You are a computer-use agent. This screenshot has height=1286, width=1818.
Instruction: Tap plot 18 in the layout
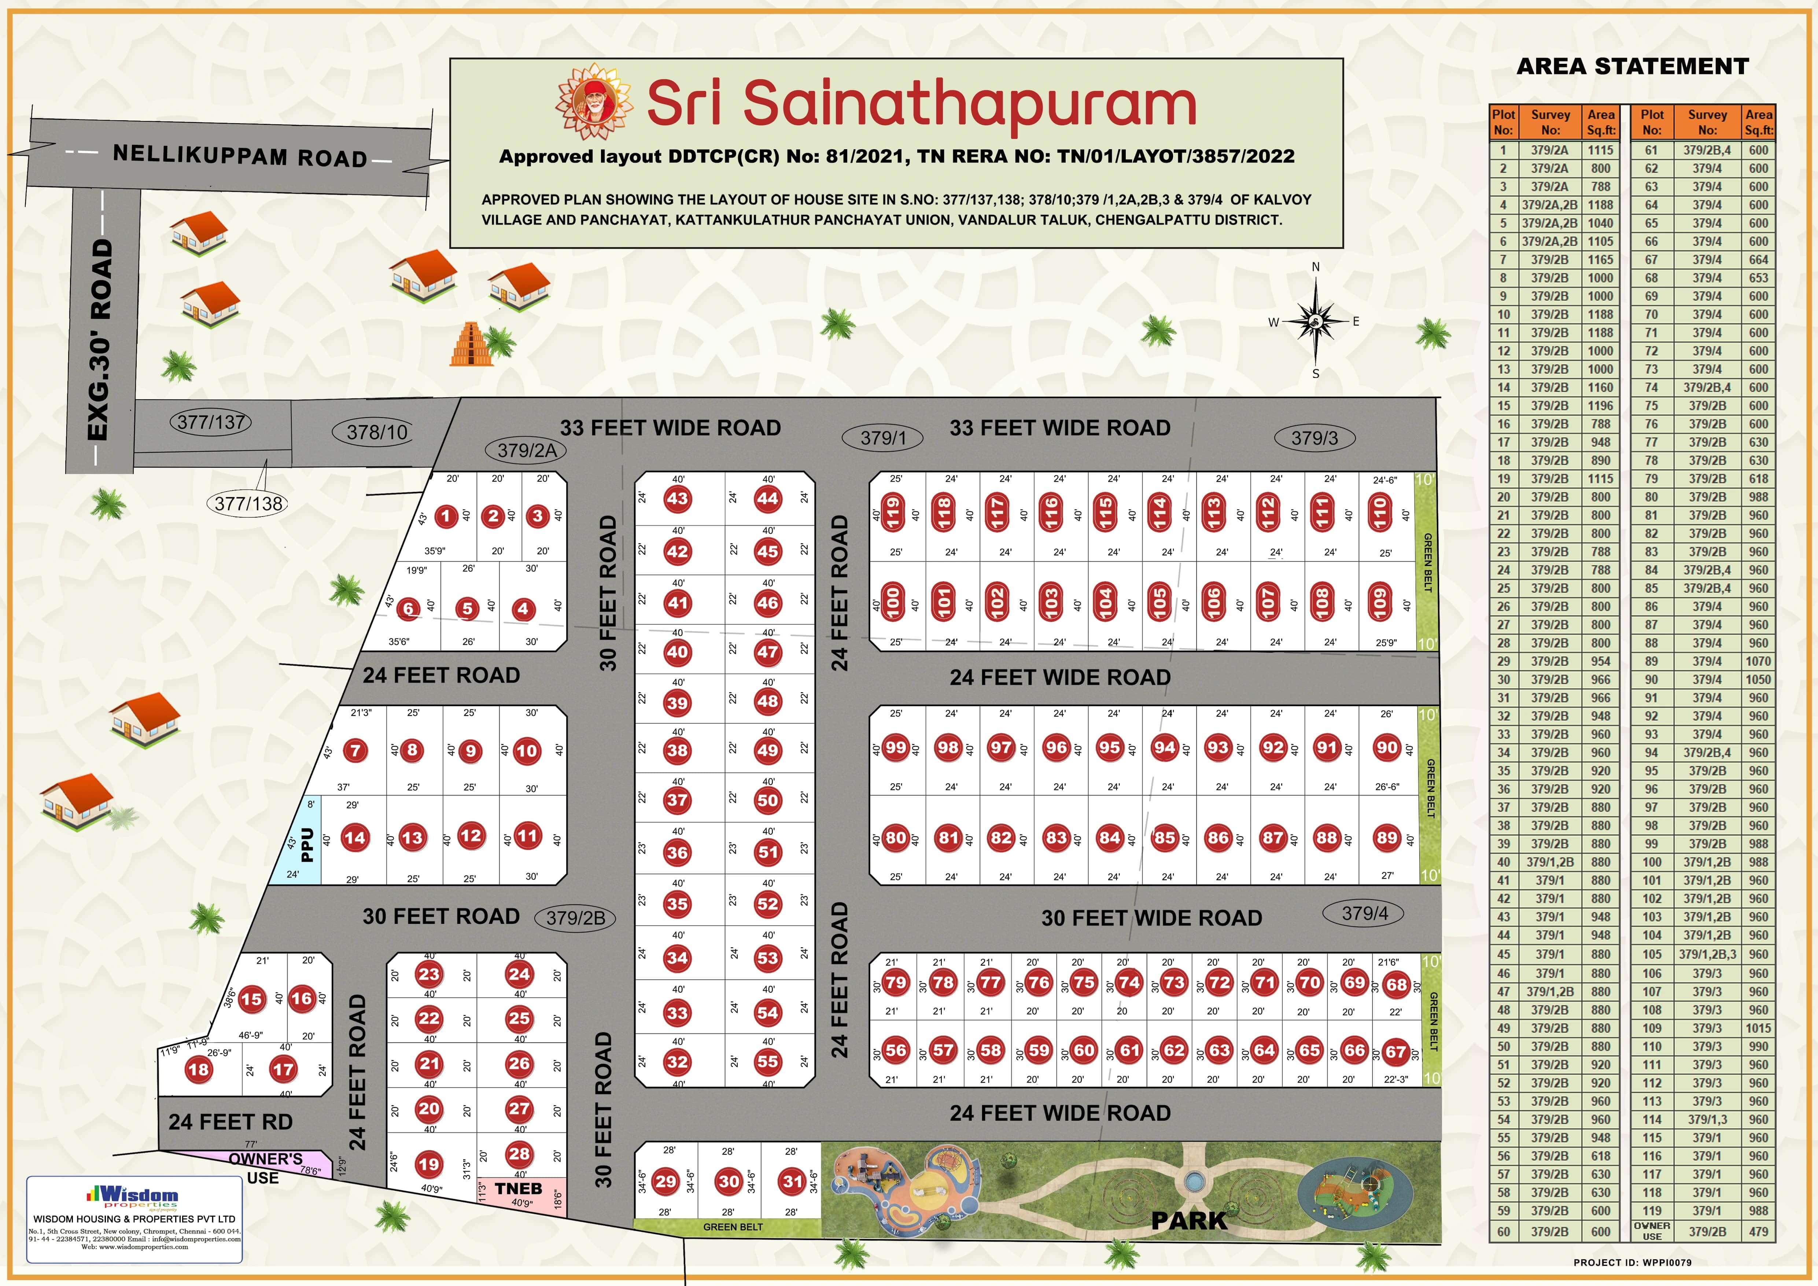coord(198,1069)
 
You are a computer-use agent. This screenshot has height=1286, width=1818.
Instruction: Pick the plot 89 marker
coord(1387,838)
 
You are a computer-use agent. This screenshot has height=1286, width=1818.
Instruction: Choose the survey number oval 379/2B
coord(576,918)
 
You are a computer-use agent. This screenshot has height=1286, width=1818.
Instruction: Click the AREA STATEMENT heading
coord(1632,66)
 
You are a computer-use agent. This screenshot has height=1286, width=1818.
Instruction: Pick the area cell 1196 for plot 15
coord(1600,405)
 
